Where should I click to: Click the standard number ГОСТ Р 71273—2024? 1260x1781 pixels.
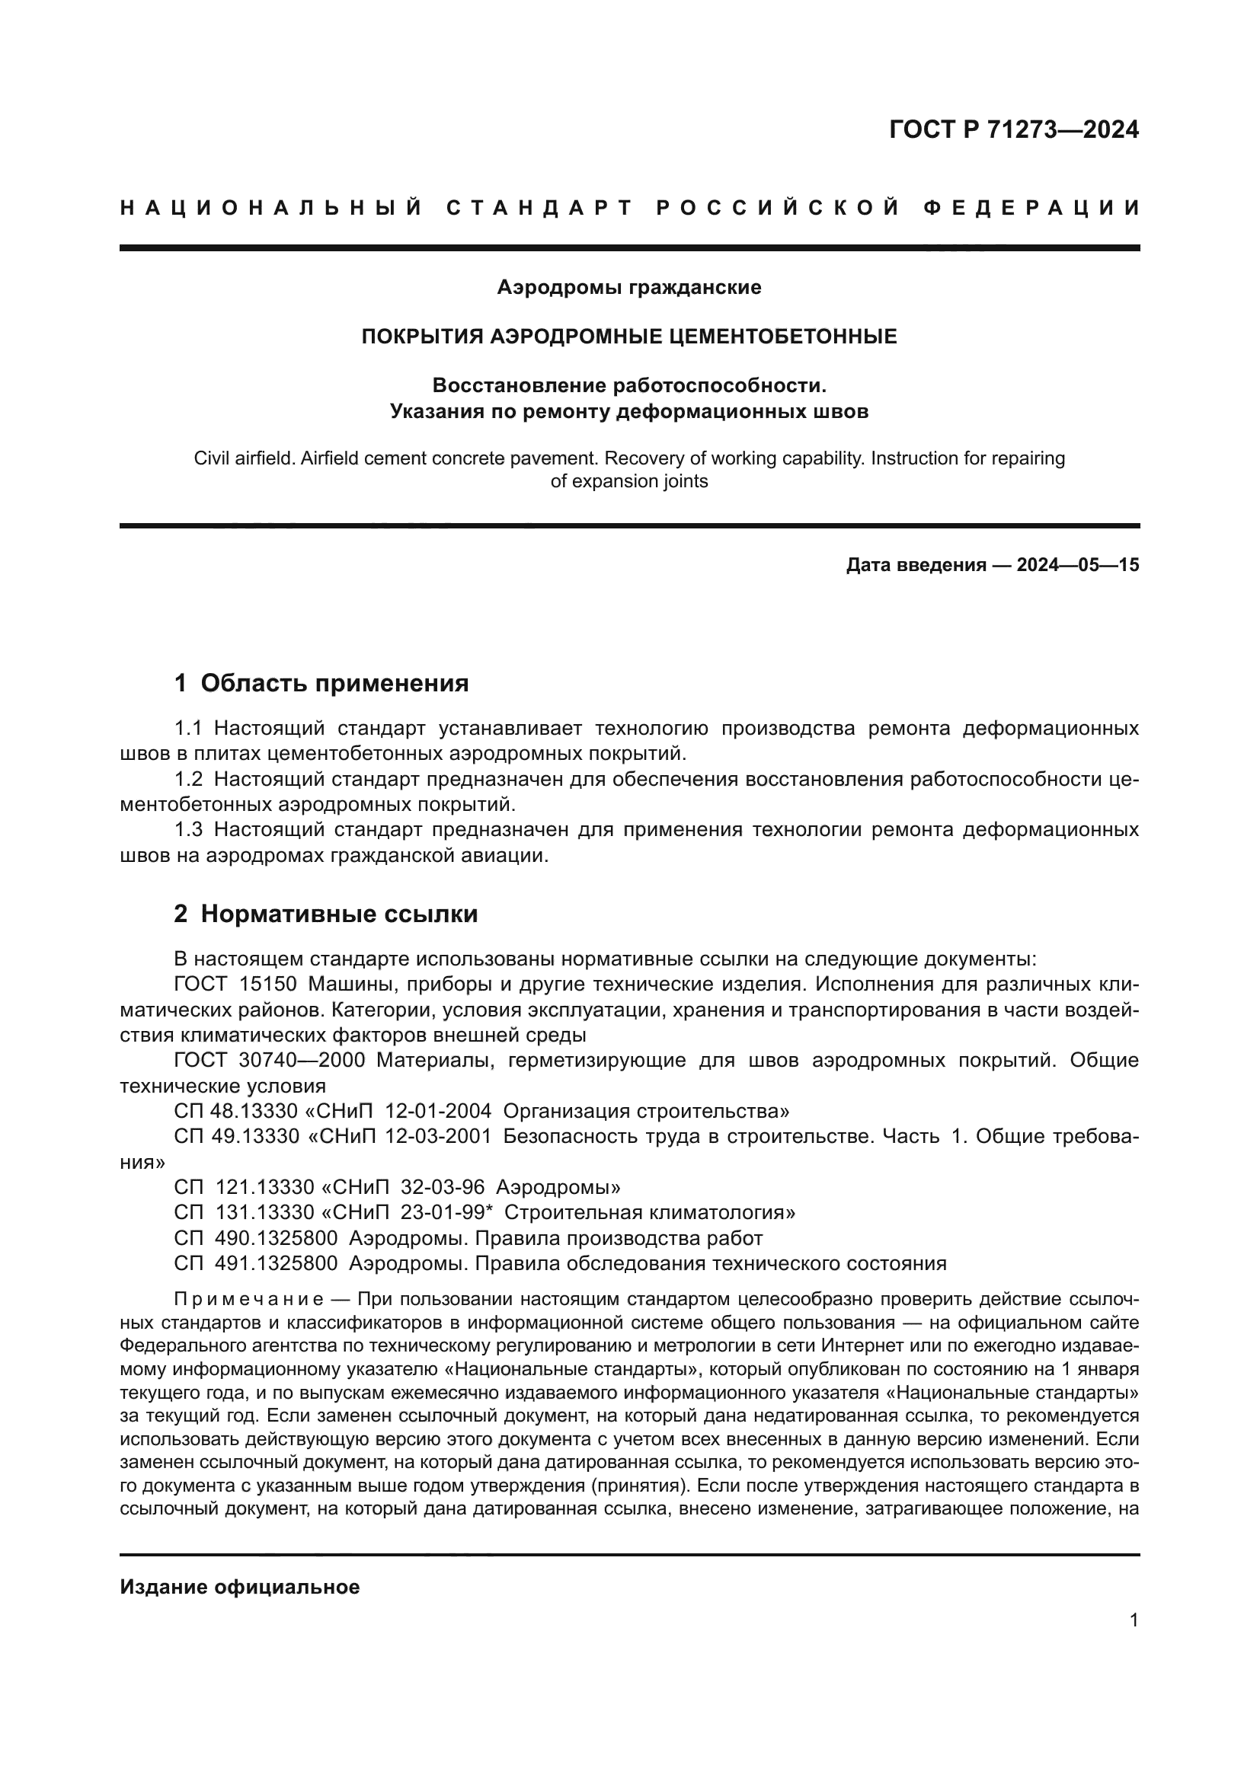pyautogui.click(x=1013, y=129)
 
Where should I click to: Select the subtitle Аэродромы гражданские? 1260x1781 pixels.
pyautogui.click(x=629, y=288)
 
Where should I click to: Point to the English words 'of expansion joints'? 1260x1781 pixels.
pyautogui.click(x=629, y=481)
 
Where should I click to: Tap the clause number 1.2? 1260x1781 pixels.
pyautogui.click(x=188, y=780)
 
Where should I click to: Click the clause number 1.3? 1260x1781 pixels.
pyautogui.click(x=188, y=830)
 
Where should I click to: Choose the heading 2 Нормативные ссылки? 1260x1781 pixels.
pyautogui.click(x=326, y=914)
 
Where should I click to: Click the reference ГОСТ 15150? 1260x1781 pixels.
pyautogui.click(x=235, y=985)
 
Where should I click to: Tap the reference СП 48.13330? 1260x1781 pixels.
pyautogui.click(x=237, y=1112)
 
